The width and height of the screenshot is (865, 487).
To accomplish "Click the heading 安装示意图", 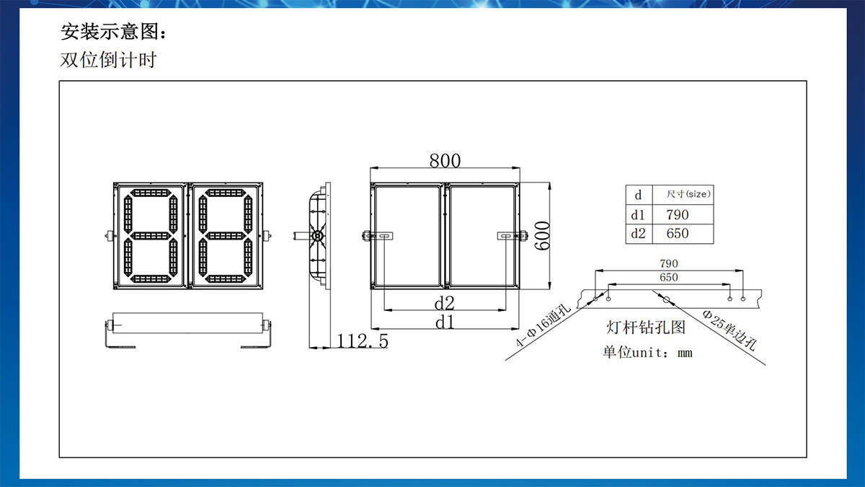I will pos(117,33).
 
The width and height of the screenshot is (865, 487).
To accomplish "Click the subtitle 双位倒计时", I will pos(107,60).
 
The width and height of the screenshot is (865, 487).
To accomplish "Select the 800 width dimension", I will pos(445,160).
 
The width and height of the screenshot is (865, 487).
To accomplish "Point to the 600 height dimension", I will pos(542,235).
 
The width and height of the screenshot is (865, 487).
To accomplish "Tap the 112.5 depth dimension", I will pos(363,341).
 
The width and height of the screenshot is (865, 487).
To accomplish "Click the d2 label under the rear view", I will pos(443,301).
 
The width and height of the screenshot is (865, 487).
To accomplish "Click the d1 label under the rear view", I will pos(444,323).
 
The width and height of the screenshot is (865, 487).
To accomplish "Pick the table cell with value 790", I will pos(677,215).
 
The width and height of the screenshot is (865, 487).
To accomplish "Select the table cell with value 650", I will pos(677,233).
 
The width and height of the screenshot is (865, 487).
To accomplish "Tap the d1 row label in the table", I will pos(638,215).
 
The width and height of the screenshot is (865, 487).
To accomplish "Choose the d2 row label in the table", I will pos(638,233).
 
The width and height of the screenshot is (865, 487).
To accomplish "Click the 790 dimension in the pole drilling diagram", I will pos(668,264).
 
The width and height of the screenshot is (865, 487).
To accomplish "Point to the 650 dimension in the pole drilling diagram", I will pos(668,277).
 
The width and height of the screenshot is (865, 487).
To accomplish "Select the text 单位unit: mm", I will pos(647,353).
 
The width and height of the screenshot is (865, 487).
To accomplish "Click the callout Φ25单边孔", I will pos(729,329).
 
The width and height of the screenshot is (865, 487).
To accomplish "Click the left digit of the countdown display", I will pos(151,236).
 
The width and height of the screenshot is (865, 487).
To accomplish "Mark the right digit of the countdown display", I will pos(226,236).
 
